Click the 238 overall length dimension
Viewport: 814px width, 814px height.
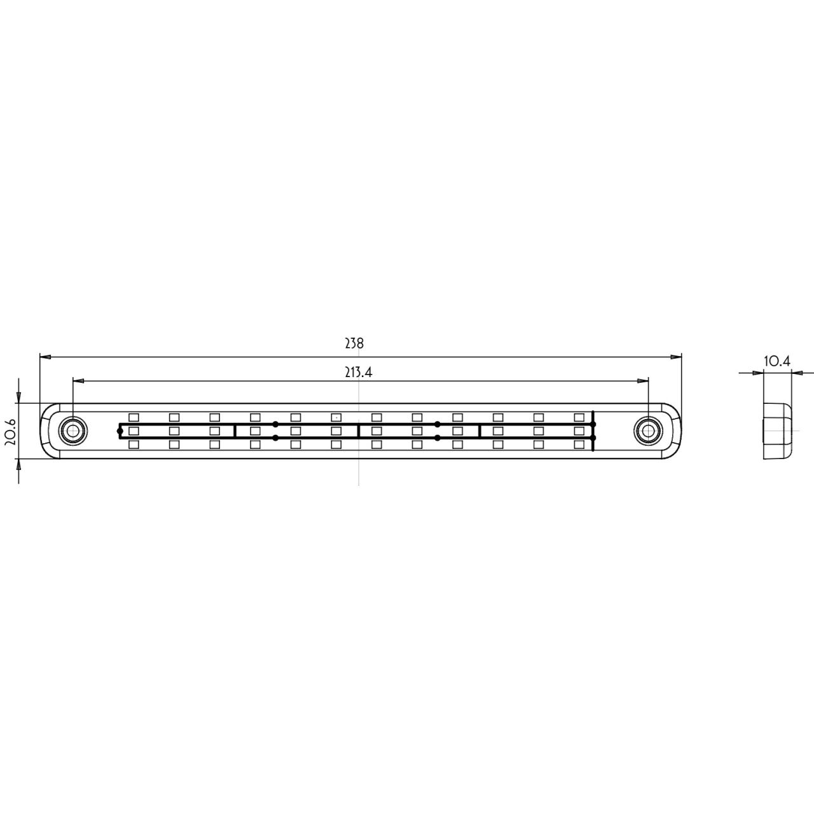click(x=354, y=343)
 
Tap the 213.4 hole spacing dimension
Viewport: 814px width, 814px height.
click(x=358, y=372)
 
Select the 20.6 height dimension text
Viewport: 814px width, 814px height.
click(x=11, y=432)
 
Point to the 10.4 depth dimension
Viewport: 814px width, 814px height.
click(x=777, y=361)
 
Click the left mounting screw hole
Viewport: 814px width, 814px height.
click(x=72, y=431)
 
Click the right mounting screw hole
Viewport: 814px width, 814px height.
click(x=649, y=431)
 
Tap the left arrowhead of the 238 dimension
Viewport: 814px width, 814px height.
click(x=45, y=357)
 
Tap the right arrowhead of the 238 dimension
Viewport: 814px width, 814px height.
click(x=676, y=357)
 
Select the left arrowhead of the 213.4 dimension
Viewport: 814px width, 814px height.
click(x=79, y=381)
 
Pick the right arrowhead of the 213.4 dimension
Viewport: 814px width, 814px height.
click(x=643, y=381)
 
